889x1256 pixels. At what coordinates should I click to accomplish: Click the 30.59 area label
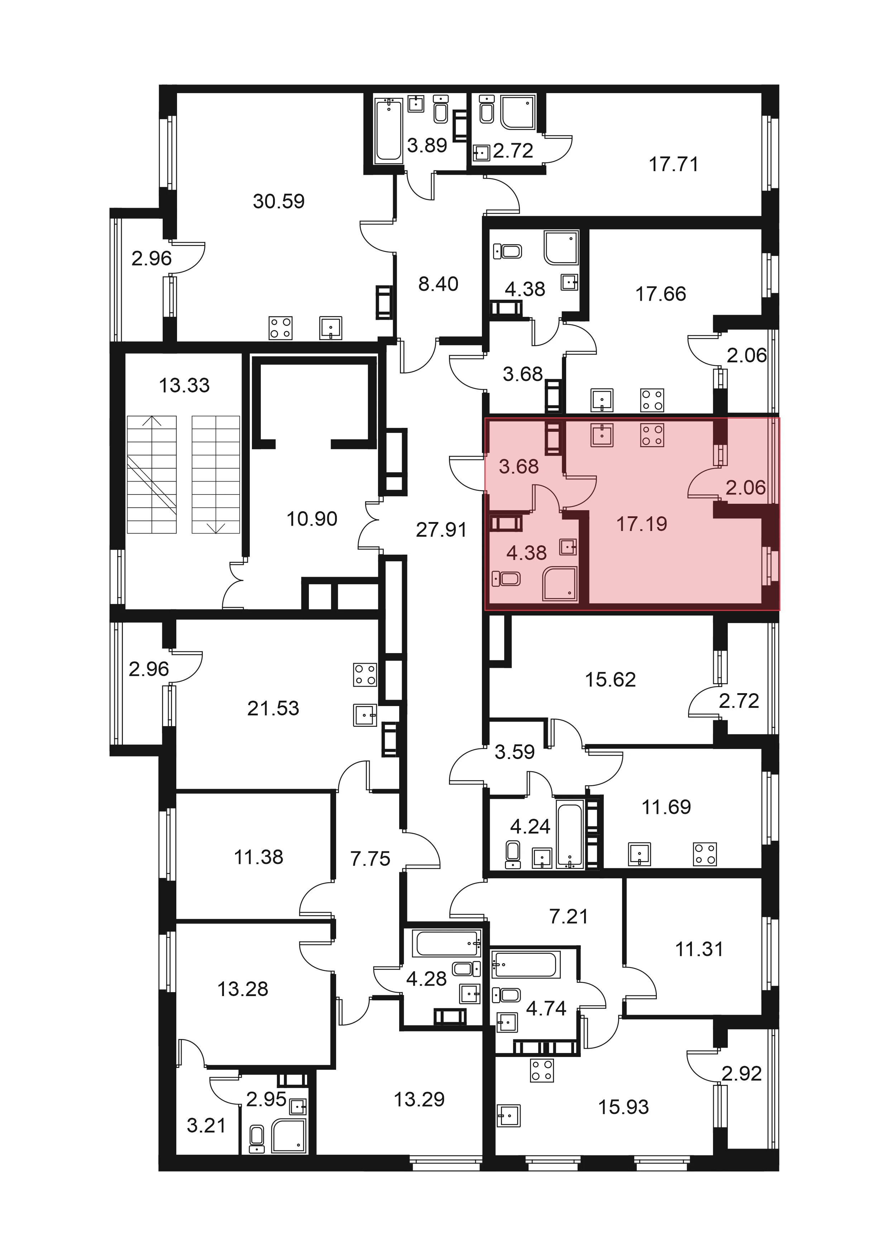(279, 201)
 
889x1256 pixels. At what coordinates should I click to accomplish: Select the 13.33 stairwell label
(185, 385)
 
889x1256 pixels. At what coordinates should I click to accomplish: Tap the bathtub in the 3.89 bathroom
(389, 130)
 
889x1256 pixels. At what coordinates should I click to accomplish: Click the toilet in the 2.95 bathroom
(256, 1140)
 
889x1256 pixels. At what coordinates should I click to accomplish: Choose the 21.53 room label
(273, 709)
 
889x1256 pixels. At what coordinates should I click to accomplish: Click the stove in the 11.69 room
(704, 854)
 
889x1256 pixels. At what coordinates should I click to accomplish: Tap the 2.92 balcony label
(742, 1073)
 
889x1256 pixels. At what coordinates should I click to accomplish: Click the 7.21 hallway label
(569, 916)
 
